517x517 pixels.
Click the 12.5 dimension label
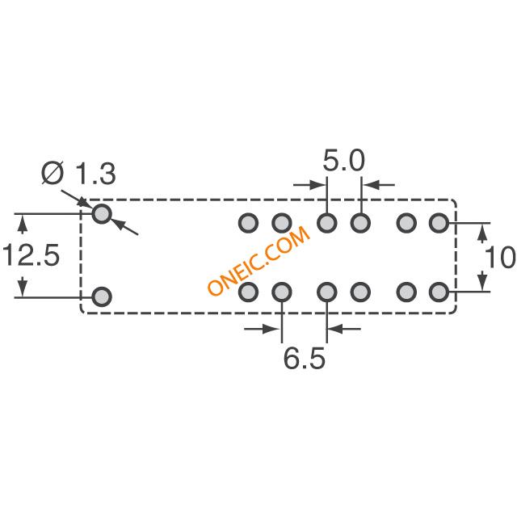tap(31, 254)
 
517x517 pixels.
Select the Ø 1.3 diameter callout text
tap(78, 173)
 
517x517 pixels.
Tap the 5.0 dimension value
tap(343, 161)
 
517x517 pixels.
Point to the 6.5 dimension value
tap(304, 359)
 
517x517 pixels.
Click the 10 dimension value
tap(500, 257)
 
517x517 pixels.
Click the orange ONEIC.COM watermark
tap(258, 260)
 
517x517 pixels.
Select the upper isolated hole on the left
tap(102, 214)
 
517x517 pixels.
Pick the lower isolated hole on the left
tap(102, 296)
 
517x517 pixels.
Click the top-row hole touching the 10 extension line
tap(439, 223)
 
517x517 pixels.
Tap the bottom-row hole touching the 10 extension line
tap(439, 292)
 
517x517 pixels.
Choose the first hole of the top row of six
tap(248, 223)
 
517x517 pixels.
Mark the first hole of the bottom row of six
tap(248, 292)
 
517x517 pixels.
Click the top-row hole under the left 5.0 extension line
tap(326, 223)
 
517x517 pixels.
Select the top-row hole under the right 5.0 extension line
tap(360, 223)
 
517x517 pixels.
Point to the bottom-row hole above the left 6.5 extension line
tap(282, 292)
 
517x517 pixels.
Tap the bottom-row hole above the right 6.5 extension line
tap(326, 292)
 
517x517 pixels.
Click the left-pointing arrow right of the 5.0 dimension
tap(379, 185)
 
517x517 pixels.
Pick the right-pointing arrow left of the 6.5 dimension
tap(262, 329)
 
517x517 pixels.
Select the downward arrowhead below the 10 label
tap(483, 281)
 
